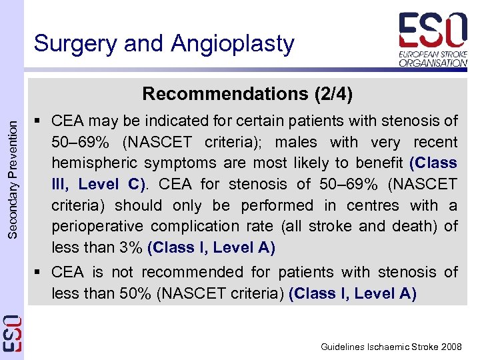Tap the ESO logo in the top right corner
(432, 39)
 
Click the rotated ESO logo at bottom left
(11, 331)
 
